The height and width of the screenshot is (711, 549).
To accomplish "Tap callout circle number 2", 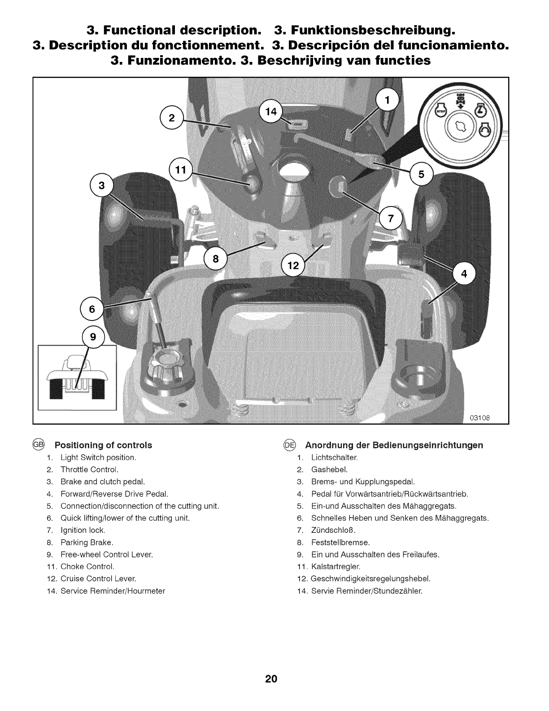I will click(171, 118).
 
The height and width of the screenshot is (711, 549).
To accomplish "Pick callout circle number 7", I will click(391, 219).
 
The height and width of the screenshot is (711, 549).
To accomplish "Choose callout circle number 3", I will click(102, 185).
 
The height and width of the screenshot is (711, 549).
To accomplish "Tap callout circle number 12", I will click(292, 266).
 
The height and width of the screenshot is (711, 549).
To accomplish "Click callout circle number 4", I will click(464, 274).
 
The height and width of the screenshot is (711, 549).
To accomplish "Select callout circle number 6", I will click(92, 309).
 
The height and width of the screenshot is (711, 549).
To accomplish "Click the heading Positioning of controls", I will click(103, 445).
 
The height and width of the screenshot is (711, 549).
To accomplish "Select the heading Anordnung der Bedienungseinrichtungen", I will click(394, 445).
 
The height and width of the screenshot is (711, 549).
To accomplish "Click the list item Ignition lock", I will click(83, 530).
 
